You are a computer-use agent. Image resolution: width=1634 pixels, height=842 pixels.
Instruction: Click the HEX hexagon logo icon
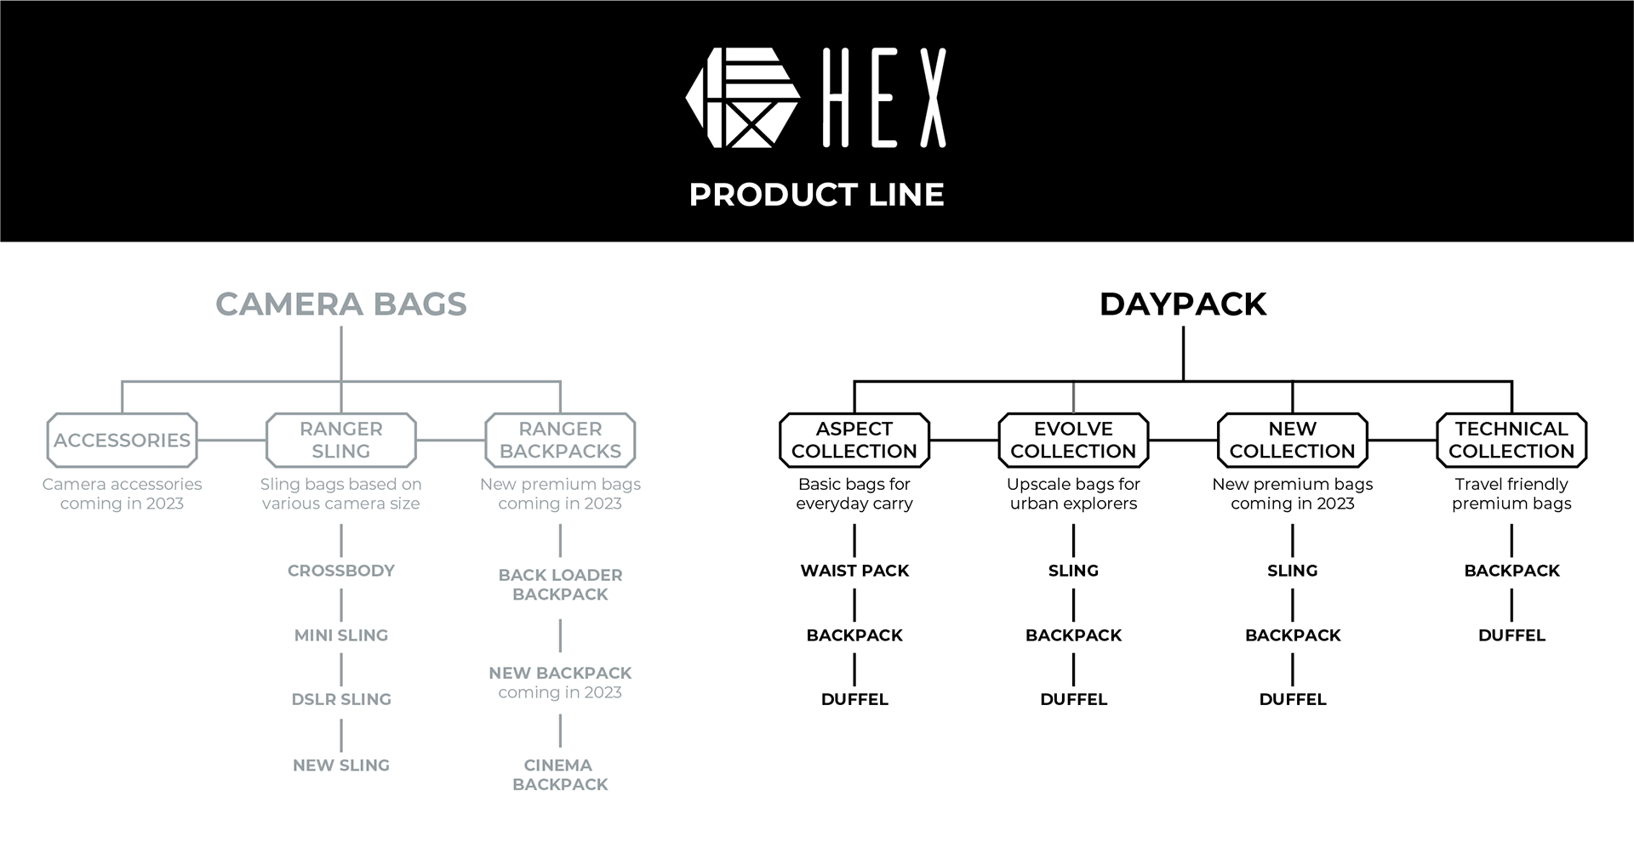tap(742, 98)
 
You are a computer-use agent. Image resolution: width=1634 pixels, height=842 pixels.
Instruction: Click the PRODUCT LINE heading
tap(816, 195)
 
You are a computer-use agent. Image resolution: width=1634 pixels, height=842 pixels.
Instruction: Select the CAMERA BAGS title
tap(340, 304)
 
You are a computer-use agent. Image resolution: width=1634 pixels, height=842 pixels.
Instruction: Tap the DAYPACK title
tap(1183, 304)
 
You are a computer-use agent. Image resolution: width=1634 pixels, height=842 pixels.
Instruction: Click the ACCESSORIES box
tap(122, 440)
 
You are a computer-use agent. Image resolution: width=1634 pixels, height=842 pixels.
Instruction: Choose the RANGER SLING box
tap(340, 440)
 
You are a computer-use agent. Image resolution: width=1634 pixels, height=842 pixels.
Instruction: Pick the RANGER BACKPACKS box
tap(560, 440)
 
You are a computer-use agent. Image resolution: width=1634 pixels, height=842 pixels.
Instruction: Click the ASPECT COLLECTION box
tap(854, 440)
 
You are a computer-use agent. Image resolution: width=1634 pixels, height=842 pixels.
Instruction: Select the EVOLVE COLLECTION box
tap(1073, 440)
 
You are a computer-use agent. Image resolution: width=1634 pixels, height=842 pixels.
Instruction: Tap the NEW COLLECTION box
tap(1292, 440)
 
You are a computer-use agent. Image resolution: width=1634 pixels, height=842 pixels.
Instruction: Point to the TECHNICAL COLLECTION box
tap(1511, 440)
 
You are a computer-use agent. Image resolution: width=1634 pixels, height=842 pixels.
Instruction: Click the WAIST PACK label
tap(854, 571)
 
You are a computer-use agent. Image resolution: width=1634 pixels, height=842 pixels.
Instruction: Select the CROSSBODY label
tap(340, 571)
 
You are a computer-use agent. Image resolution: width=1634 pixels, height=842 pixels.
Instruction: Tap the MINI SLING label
tap(340, 635)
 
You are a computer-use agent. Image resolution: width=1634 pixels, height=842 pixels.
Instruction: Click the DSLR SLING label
tap(340, 699)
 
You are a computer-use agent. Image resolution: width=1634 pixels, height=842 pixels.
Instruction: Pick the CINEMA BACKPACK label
tap(560, 775)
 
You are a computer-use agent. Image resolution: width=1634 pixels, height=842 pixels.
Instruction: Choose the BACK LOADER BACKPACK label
tap(560, 584)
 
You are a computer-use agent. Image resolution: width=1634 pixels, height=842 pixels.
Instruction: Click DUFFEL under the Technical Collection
tap(1511, 635)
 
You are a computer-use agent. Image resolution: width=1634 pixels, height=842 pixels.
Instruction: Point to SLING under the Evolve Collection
tap(1073, 571)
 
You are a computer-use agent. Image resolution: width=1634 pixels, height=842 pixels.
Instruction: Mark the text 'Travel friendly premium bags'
tap(1511, 493)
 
